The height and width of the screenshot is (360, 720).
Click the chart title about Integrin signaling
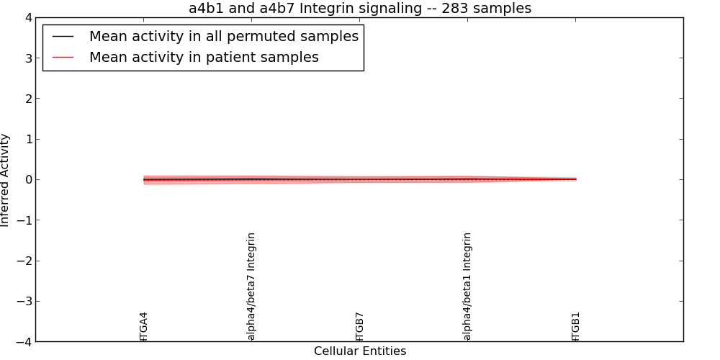pos(360,8)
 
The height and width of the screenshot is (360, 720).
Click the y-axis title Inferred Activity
pos(4,180)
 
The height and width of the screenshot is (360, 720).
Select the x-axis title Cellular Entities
pos(360,351)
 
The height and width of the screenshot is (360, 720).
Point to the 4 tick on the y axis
pos(29,18)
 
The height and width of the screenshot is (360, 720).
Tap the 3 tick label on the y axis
pos(29,58)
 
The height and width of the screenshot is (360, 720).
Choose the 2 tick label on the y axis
pos(29,99)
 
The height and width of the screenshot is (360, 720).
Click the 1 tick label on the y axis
pos(29,139)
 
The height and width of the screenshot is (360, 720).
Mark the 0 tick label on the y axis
pos(29,179)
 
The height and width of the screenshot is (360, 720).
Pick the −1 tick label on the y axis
pos(24,220)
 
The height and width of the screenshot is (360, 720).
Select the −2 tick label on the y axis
pos(24,261)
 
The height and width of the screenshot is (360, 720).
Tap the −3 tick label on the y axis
pos(24,301)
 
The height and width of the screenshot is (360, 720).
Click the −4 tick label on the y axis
pos(24,341)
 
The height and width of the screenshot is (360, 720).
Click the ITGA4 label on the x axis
pos(144,326)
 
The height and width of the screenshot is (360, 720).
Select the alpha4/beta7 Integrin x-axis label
pos(251,287)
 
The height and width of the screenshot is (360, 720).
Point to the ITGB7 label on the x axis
pos(359,326)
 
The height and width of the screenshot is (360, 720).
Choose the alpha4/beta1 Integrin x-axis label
pos(467,287)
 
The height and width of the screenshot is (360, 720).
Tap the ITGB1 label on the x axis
pos(576,326)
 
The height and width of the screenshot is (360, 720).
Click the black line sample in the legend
pos(63,36)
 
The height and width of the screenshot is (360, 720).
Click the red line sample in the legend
pos(63,58)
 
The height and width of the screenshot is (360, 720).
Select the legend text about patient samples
pos(204,58)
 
